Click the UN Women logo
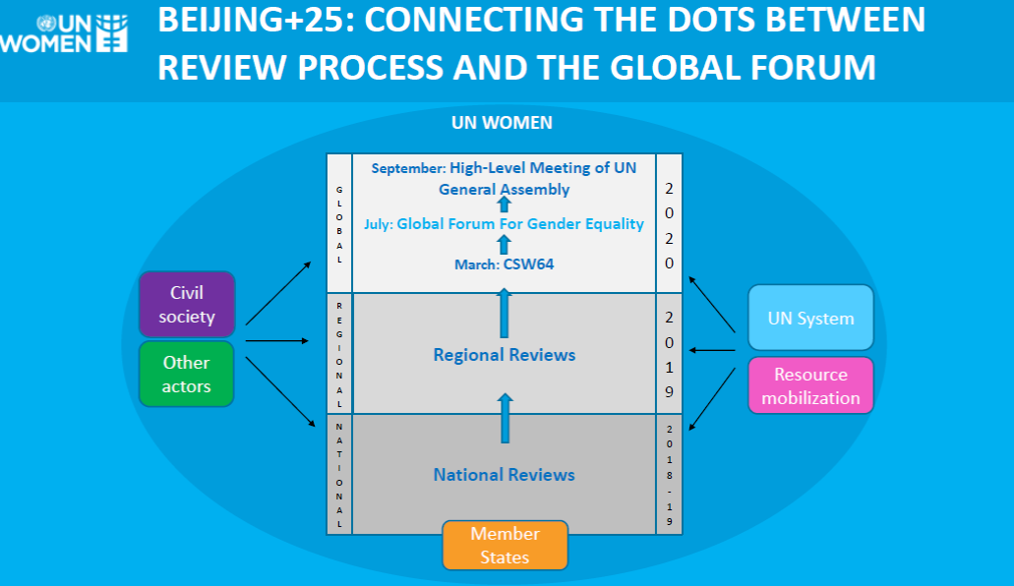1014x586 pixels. click(x=64, y=33)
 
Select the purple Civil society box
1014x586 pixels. click(x=187, y=304)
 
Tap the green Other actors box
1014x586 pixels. click(x=186, y=374)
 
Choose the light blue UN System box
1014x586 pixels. click(x=811, y=318)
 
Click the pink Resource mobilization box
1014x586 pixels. click(x=811, y=385)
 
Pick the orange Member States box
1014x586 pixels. click(x=506, y=546)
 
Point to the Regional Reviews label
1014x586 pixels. click(x=505, y=354)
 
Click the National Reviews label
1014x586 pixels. click(x=504, y=475)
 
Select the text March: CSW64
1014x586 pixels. click(x=505, y=264)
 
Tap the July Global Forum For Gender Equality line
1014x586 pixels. click(x=504, y=224)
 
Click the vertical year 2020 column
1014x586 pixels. click(x=670, y=226)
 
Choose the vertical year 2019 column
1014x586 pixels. click(x=670, y=354)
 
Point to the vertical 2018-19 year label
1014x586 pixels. click(x=670, y=476)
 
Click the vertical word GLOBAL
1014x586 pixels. click(x=339, y=224)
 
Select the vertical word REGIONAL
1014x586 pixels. click(x=339, y=355)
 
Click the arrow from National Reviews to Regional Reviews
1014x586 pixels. click(x=506, y=418)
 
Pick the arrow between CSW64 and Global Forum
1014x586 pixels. click(x=504, y=245)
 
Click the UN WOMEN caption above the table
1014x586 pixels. click(x=502, y=122)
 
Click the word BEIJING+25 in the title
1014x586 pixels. click(x=256, y=21)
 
